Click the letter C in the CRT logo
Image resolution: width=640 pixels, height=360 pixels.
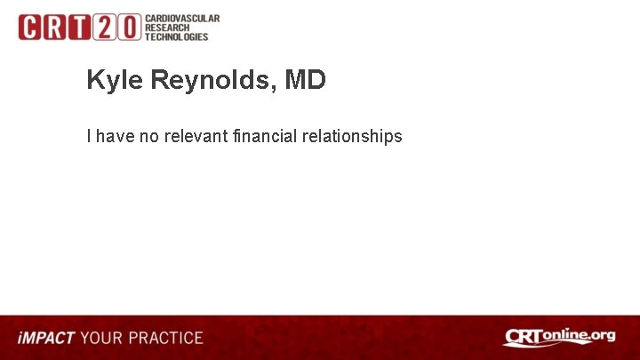point(31,28)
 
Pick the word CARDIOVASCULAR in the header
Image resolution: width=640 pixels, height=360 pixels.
point(182,19)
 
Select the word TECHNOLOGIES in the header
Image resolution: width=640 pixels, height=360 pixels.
point(177,36)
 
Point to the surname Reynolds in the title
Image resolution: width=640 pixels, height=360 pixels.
point(212,81)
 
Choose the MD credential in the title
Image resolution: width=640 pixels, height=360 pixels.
point(306,81)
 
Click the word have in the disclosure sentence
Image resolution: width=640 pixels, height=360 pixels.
point(114,136)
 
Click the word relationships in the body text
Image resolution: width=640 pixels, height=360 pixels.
point(352,136)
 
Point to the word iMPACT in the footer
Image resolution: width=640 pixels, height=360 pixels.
point(46,338)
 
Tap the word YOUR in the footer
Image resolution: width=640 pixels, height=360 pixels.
point(102,338)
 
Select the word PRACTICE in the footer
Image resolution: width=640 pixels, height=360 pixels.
point(166,338)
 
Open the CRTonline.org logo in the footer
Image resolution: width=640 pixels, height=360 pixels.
point(559,337)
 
